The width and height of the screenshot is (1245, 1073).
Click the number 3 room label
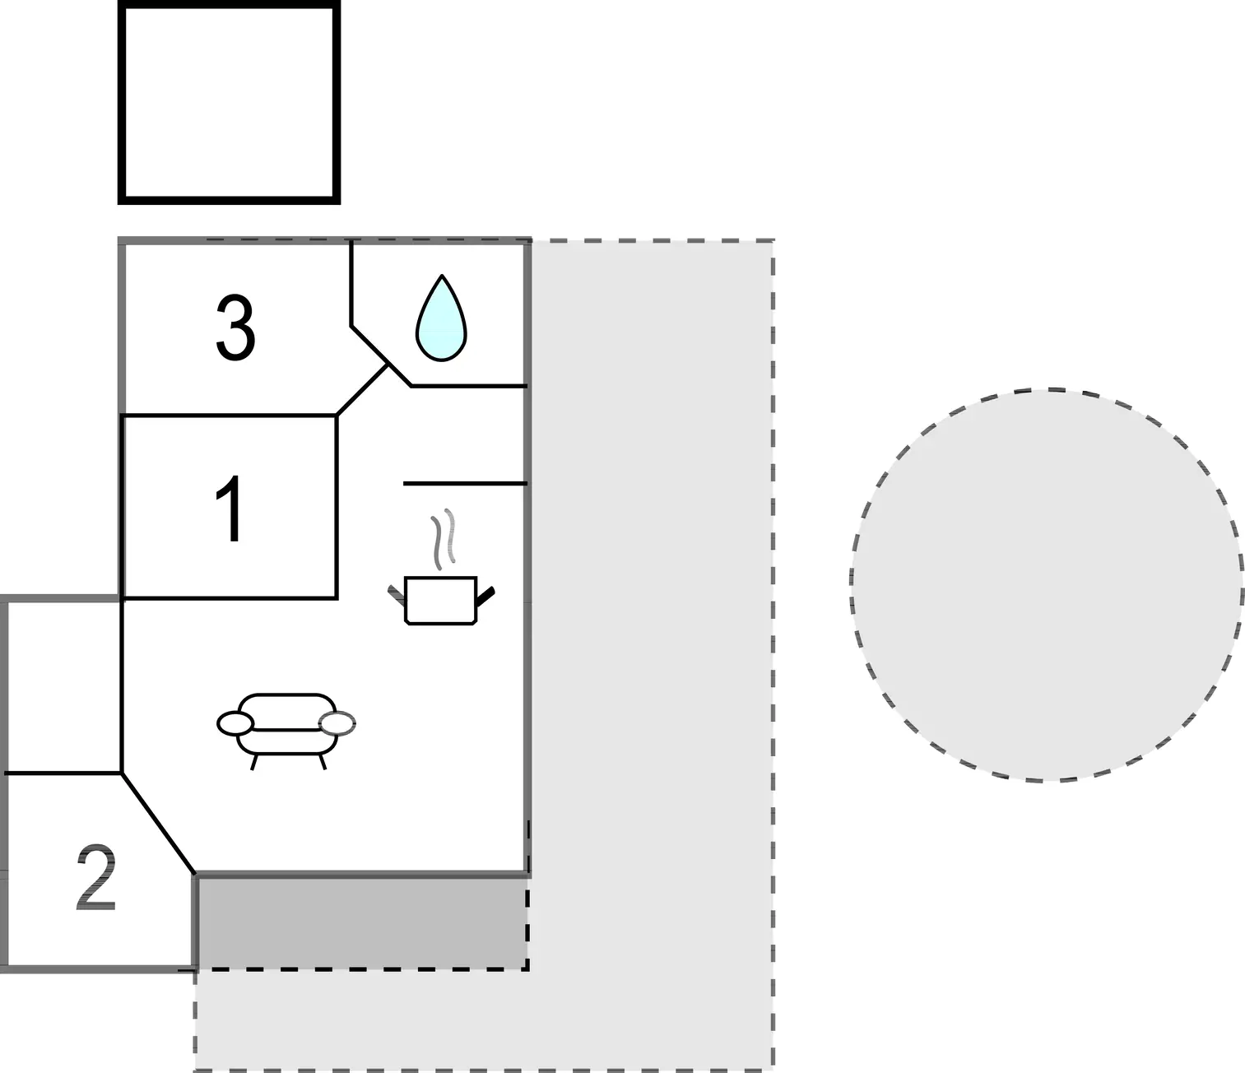click(235, 327)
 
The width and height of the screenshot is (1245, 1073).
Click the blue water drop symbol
click(442, 318)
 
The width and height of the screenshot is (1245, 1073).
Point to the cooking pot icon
click(441, 600)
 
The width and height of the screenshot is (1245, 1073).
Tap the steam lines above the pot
click(443, 539)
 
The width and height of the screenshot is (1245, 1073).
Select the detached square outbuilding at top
click(229, 102)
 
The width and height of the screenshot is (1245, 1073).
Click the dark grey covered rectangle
click(363, 923)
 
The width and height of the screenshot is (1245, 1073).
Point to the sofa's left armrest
click(235, 723)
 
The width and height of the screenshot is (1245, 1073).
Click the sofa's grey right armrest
click(337, 723)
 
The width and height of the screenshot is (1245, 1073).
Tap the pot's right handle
click(485, 595)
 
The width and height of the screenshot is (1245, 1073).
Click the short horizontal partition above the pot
click(465, 483)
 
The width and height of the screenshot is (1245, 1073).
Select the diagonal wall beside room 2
click(159, 823)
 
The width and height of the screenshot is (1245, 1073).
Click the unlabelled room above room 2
click(62, 686)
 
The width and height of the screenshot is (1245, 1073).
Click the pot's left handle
click(397, 594)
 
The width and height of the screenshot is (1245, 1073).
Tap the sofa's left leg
click(254, 762)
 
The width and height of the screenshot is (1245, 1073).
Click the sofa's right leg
click(323, 762)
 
